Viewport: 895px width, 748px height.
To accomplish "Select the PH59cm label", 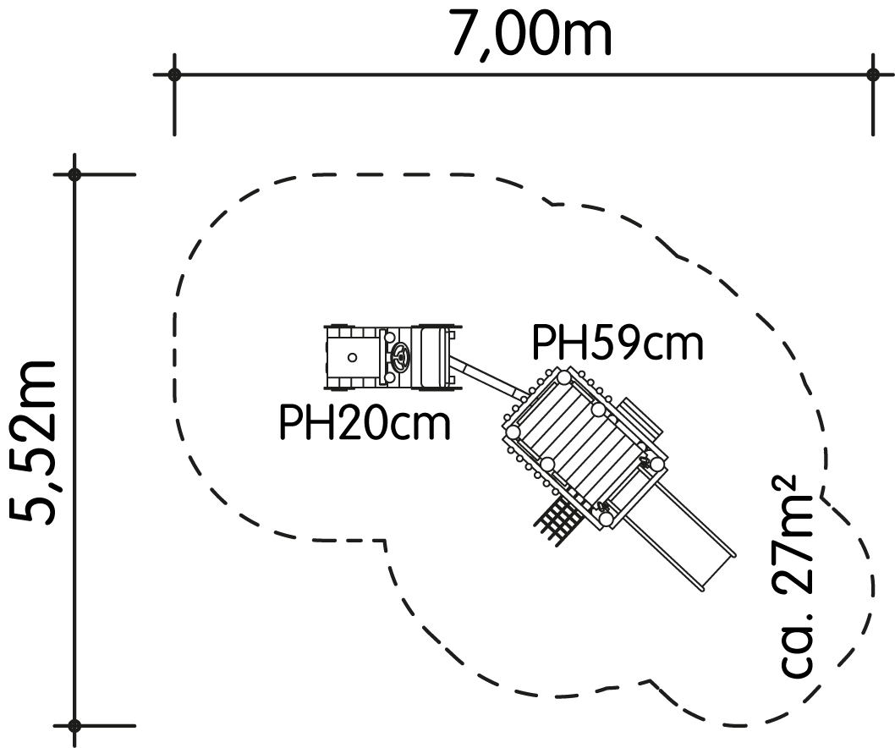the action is [x=617, y=344].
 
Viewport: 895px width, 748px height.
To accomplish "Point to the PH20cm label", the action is [x=365, y=422].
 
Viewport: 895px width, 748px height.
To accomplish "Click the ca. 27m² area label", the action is [x=796, y=577].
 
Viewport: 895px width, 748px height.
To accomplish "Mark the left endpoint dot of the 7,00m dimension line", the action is [x=174, y=74].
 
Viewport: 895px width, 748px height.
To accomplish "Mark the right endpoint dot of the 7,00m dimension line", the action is [x=872, y=74].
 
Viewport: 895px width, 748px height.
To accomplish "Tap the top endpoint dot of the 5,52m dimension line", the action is [x=74, y=174].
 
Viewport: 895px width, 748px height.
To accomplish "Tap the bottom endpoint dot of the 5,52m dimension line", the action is [x=74, y=726].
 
